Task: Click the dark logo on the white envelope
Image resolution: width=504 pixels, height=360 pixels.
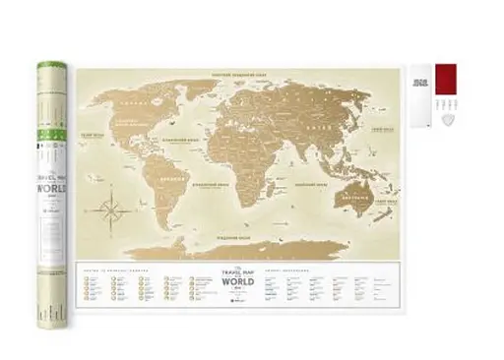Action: coord(419,82)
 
